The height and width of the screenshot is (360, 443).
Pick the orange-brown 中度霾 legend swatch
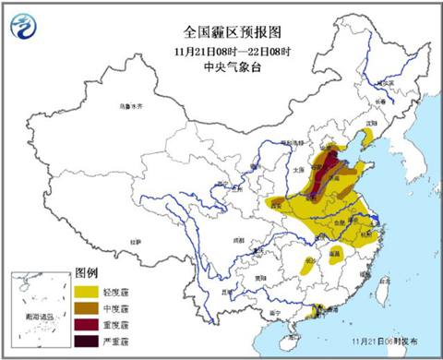[x=86, y=307]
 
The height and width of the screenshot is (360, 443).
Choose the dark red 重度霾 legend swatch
[x=86, y=324]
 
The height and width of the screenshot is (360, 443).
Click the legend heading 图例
[x=86, y=275]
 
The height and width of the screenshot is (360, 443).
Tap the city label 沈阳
[x=369, y=121]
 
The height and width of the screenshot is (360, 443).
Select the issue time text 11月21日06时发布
[x=388, y=340]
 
